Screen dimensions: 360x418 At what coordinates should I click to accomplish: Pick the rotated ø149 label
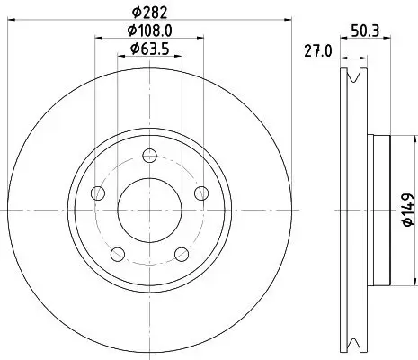click(x=406, y=209)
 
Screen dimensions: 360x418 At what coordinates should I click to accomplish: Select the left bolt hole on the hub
click(x=98, y=193)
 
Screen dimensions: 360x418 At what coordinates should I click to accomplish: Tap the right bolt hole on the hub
click(x=200, y=193)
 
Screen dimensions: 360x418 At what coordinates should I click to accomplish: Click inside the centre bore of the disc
click(x=148, y=210)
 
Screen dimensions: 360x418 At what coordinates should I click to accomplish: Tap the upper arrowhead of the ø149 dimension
click(x=393, y=138)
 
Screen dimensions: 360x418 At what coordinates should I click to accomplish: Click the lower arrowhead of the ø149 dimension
click(x=393, y=280)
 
